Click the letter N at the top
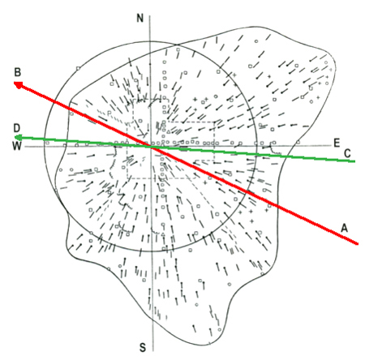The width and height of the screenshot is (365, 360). tap(140, 18)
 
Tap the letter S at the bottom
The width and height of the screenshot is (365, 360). tap(143, 347)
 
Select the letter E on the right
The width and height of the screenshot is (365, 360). tap(337, 143)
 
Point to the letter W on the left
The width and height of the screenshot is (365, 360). tap(17, 146)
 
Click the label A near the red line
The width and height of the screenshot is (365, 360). tap(344, 229)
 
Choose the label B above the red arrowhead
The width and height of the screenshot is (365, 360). tap(18, 72)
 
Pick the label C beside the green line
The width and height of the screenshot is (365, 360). tap(347, 153)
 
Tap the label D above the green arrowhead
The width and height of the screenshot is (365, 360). tap(17, 128)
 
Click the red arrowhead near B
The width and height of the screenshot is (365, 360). tap(19, 85)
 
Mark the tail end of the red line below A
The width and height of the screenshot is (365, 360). tap(358, 244)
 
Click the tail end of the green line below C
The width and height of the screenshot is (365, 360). tap(354, 161)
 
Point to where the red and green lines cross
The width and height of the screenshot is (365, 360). tap(152, 147)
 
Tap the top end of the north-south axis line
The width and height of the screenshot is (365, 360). tap(150, 15)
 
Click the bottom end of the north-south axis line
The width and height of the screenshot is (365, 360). tap(153, 351)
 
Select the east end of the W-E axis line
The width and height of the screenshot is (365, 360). tap(332, 145)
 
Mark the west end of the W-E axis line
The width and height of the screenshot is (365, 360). tap(24, 147)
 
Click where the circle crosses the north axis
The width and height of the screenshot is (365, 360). tap(150, 41)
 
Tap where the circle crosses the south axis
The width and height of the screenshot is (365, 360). tap(152, 251)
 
